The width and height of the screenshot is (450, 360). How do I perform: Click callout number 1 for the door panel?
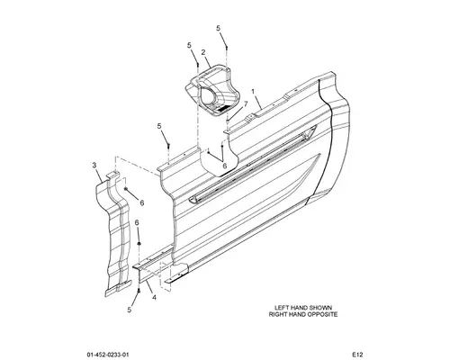253,91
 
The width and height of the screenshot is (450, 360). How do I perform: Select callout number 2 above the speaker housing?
203,52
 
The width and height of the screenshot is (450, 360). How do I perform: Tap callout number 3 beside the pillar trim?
94,165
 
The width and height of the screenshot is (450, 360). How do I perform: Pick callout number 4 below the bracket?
154,298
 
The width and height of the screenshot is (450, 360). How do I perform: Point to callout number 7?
246,103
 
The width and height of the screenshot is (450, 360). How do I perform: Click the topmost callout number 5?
218,28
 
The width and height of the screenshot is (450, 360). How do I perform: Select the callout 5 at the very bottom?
130,310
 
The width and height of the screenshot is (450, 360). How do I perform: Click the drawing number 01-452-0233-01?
108,355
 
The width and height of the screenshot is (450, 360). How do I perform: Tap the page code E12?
357,355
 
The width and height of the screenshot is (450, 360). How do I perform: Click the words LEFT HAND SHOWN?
303,308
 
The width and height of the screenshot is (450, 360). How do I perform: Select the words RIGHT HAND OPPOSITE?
303,314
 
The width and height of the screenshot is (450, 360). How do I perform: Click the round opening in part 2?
208,96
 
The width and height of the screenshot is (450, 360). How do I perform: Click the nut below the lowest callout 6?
139,243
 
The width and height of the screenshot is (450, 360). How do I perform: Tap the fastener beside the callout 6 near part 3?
126,188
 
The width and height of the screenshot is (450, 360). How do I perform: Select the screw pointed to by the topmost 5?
227,48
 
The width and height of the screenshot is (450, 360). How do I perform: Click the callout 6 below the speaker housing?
224,166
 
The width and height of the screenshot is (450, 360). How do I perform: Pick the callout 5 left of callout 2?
189,45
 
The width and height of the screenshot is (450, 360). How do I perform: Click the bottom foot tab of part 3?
118,288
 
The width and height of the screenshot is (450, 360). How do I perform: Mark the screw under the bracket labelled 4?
139,291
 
